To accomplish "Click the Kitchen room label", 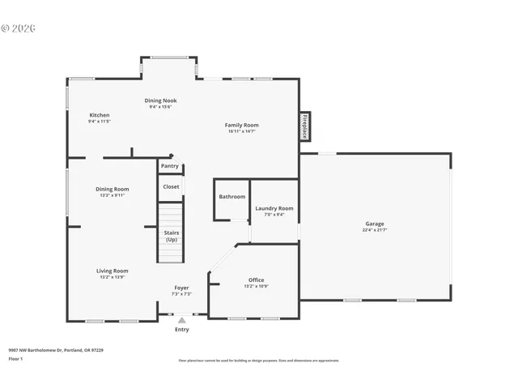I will tap(99, 115).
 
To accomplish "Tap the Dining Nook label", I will tap(160, 100).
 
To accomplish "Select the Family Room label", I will tap(241, 125).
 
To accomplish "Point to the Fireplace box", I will tap(305, 126).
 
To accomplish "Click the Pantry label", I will tap(169, 166).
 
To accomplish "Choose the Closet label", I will tap(171, 186).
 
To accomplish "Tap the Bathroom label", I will tap(231, 197).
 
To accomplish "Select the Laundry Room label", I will tap(274, 208).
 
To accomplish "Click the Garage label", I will tap(374, 224).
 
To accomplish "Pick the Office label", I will tap(256, 280).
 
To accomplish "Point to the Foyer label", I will tap(182, 288).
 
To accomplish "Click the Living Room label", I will tap(113, 271).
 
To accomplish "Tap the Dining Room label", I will tap(113, 189).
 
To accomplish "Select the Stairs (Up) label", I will tap(172, 236).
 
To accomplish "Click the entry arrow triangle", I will tap(182, 321).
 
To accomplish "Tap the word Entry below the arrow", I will tap(182, 330).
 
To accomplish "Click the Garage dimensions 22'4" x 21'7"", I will tap(374, 230).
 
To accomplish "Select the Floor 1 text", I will tap(15, 358).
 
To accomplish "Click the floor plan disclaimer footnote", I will tap(258, 361).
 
